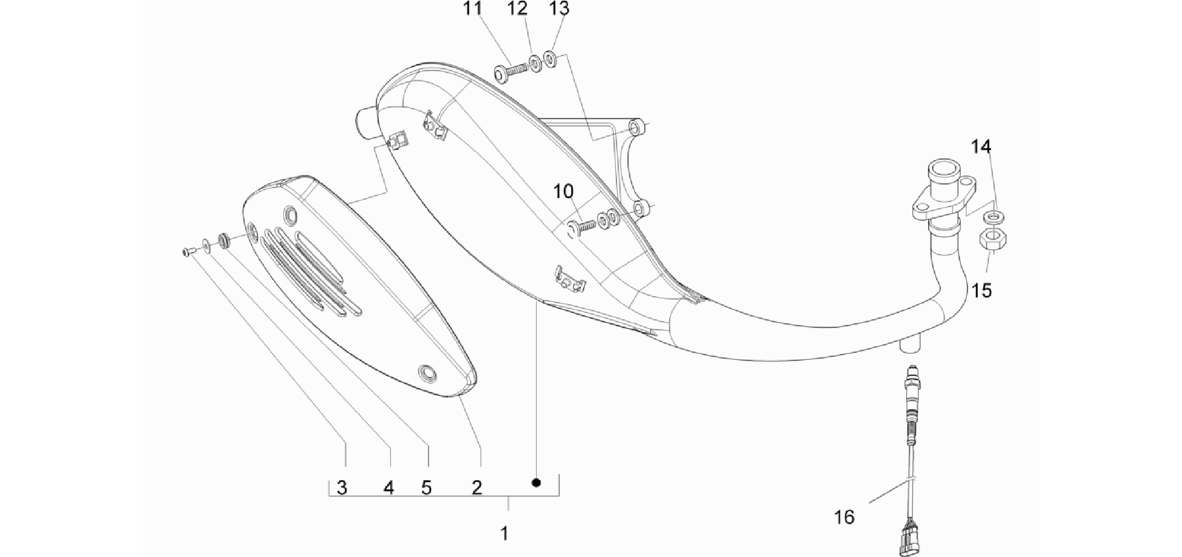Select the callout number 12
tap(518, 9)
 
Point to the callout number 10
tap(563, 191)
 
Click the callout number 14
tap(981, 147)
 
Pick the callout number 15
tap(981, 290)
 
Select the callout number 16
tap(844, 517)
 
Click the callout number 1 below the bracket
tap(504, 533)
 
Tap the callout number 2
tap(477, 488)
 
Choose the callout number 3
tap(342, 488)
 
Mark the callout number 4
tap(389, 488)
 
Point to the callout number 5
tap(426, 488)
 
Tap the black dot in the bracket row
tap(536, 482)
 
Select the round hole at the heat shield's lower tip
tap(427, 373)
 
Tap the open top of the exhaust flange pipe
tap(944, 170)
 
